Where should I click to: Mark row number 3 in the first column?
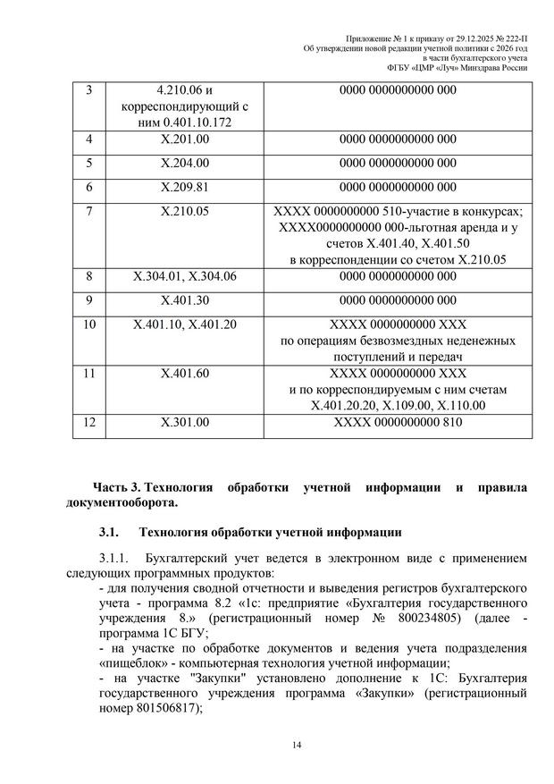tap(88, 90)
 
